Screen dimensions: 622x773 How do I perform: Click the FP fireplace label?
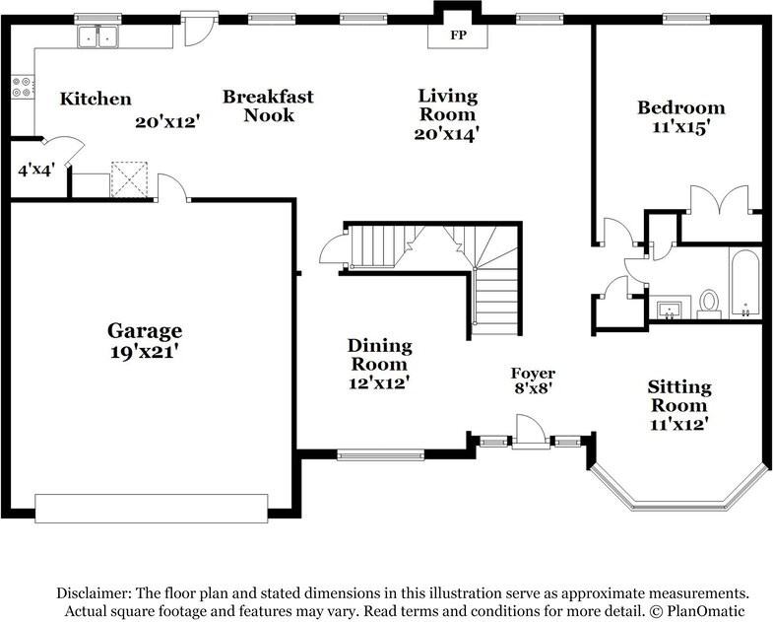pyautogui.click(x=458, y=35)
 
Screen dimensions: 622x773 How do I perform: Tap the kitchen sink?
pyautogui.click(x=97, y=37)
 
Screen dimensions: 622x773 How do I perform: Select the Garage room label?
pyautogui.click(x=145, y=331)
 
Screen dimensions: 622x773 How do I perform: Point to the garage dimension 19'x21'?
pyautogui.click(x=145, y=350)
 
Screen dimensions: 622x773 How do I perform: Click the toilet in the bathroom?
pyautogui.click(x=709, y=303)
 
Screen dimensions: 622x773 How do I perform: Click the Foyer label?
pyautogui.click(x=533, y=373)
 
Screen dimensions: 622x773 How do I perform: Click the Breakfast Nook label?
pyautogui.click(x=268, y=105)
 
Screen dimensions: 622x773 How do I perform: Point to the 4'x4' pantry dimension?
pyautogui.click(x=40, y=170)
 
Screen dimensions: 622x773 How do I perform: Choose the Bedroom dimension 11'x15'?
pyautogui.click(x=680, y=127)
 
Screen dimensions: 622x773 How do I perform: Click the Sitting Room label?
pyautogui.click(x=679, y=396)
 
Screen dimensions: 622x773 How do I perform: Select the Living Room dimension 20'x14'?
pyautogui.click(x=447, y=135)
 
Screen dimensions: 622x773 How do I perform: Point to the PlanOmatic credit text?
pyautogui.click(x=706, y=611)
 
